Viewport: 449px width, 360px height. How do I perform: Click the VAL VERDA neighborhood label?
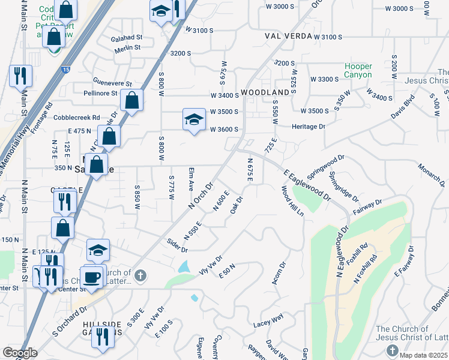click(289, 36)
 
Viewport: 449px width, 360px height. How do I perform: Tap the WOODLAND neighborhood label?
click(265, 92)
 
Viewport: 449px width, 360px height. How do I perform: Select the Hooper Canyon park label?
click(358, 71)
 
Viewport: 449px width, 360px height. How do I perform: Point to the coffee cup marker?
click(92, 277)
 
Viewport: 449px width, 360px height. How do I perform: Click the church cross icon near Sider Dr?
click(140, 276)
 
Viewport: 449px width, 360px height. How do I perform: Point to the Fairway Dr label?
click(369, 207)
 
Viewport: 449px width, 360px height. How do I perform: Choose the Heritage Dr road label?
click(309, 127)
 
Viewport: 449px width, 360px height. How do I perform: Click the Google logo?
click(20, 353)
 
